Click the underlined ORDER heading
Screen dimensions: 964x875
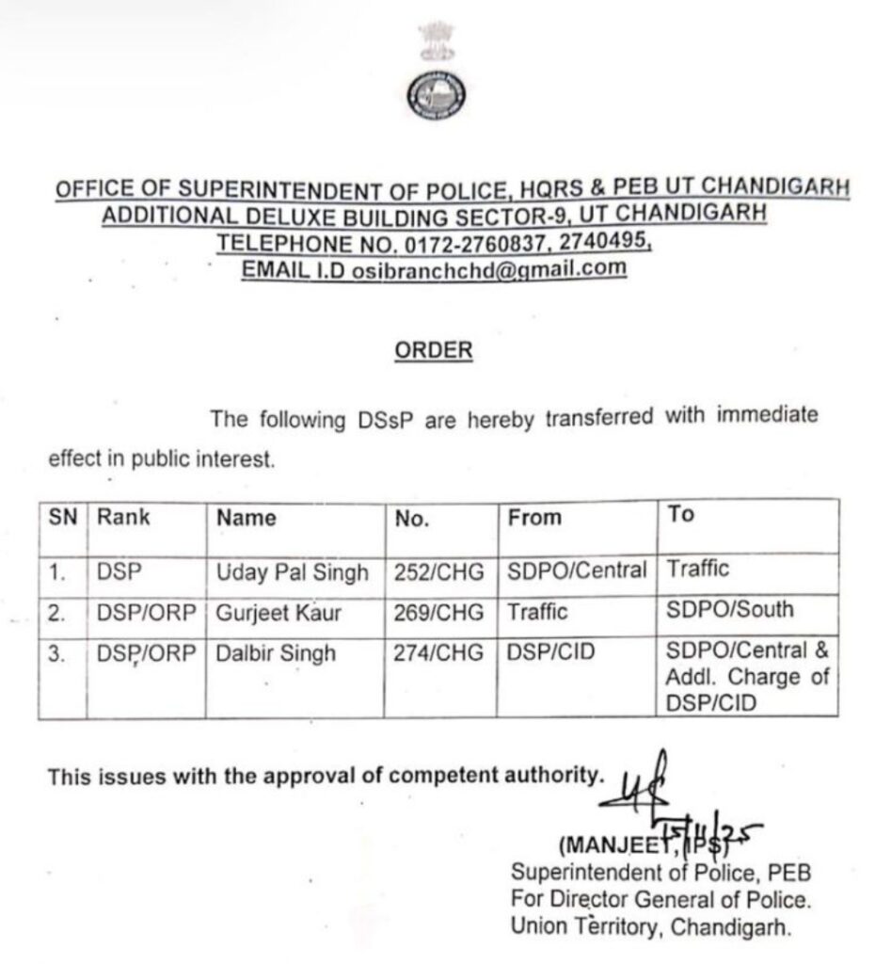tap(433, 350)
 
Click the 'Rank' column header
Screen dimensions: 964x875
tap(123, 517)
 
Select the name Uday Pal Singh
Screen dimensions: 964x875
tap(293, 572)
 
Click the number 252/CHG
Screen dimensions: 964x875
tap(438, 572)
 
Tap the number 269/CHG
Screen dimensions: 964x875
tap(438, 613)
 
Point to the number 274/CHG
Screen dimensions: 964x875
tap(438, 652)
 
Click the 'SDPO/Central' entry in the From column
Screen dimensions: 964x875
tap(577, 570)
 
